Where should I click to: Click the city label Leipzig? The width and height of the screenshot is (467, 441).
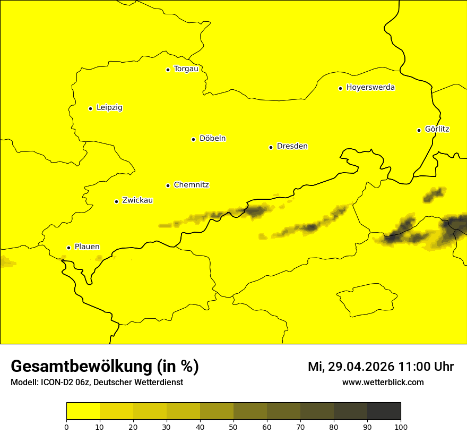click(x=109, y=108)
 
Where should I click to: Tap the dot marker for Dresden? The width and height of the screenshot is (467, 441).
click(x=271, y=147)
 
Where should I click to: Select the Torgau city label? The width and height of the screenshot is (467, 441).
click(x=186, y=69)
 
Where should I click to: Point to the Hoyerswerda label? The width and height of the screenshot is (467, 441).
click(x=370, y=88)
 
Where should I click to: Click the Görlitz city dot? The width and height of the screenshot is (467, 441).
click(x=419, y=130)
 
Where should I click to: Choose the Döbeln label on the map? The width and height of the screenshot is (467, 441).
click(x=212, y=139)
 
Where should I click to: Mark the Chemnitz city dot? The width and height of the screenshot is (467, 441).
click(x=168, y=185)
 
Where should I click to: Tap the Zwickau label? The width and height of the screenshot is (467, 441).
click(x=137, y=201)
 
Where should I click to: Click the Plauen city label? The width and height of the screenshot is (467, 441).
click(x=87, y=247)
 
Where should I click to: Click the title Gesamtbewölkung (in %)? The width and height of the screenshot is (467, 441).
click(x=105, y=367)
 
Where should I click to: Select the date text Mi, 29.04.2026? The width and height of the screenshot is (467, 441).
click(x=351, y=367)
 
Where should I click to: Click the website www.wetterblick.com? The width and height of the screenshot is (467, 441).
click(x=383, y=383)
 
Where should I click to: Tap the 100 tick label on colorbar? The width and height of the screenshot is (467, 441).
click(x=401, y=427)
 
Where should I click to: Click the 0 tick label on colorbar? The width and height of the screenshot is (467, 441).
click(x=66, y=427)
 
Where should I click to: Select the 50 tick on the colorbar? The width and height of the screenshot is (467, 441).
click(x=233, y=427)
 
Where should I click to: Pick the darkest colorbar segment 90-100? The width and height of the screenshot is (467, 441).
click(x=384, y=411)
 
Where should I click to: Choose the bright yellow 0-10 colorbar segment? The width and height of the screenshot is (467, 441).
click(x=83, y=411)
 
